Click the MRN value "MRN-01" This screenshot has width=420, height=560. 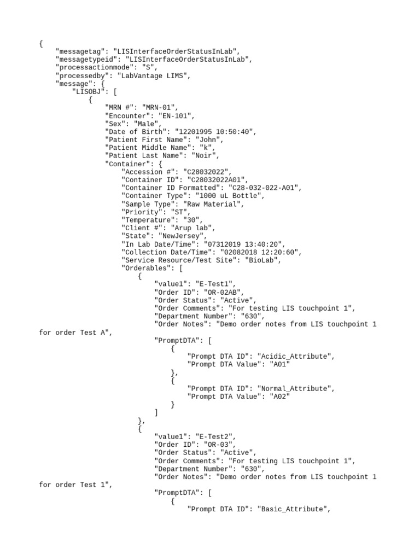tap(160, 108)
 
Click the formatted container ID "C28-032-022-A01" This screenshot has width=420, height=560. tap(264, 188)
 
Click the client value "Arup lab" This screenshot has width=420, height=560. tap(194, 228)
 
